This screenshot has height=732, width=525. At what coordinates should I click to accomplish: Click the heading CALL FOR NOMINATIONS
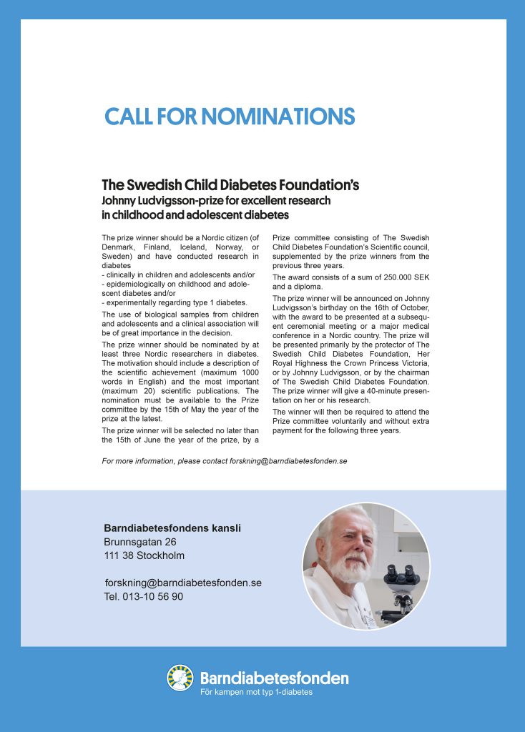pos(230,117)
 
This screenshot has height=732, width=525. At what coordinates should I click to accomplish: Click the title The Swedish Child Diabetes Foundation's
pos(230,186)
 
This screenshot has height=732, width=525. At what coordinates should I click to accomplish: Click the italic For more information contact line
pos(225,461)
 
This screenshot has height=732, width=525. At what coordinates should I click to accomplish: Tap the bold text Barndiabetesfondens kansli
pos(172,528)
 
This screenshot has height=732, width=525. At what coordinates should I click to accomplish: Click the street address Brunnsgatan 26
pos(140,542)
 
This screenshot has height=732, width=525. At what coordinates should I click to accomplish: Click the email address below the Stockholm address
pos(182,583)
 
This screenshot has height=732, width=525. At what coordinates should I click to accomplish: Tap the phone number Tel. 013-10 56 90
pos(143,596)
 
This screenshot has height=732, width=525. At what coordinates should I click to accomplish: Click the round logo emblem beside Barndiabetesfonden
pos(180,678)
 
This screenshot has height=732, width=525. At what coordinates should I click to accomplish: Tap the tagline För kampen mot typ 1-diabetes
pos(255,692)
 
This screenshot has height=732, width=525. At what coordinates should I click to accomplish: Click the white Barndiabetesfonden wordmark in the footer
pos(274,677)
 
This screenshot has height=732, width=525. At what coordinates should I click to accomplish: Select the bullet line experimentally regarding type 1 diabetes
pos(175,302)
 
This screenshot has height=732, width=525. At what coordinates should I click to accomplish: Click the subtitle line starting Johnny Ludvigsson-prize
pos(216,201)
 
